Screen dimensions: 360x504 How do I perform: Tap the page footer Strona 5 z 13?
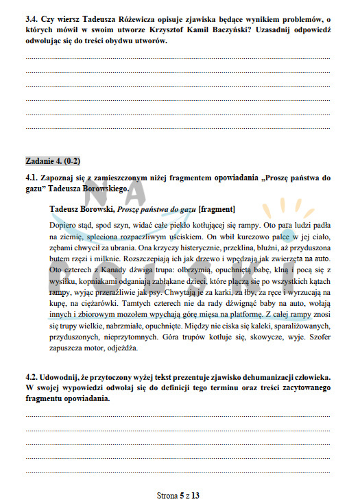pos(180,493)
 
